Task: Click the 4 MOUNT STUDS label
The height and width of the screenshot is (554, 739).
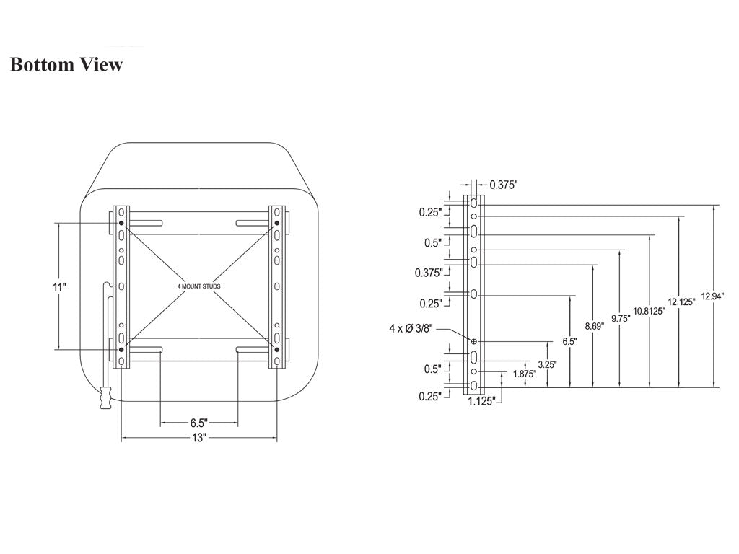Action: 198,286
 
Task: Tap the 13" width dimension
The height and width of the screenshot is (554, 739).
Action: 198,438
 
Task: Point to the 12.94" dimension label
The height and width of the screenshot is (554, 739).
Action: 712,296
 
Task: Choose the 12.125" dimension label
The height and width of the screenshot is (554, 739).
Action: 681,302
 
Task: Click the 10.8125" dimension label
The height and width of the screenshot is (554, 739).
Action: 649,311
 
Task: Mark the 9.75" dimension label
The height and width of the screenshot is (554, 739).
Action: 620,318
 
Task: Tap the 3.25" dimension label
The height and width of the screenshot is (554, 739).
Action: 547,365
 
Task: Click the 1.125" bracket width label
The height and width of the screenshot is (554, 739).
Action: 481,401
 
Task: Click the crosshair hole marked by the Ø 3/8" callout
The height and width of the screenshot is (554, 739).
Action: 473,341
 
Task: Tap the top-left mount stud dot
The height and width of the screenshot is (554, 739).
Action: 121,223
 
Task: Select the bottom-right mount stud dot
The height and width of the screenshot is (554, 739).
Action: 276,350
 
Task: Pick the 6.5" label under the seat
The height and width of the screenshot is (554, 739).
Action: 198,423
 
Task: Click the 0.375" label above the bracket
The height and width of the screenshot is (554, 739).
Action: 503,185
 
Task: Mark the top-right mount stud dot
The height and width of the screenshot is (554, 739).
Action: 276,224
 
